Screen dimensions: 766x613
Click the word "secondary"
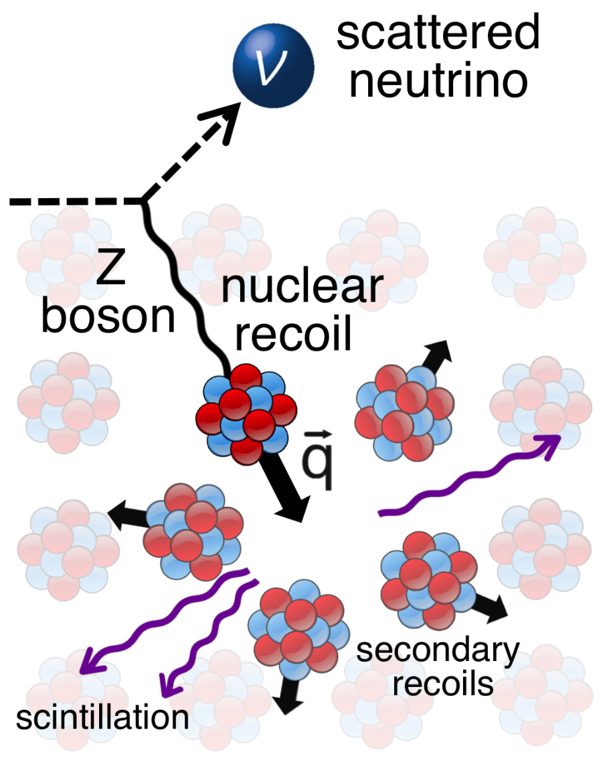pyautogui.click(x=438, y=650)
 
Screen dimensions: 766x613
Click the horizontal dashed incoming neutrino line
pyautogui.click(x=74, y=201)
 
